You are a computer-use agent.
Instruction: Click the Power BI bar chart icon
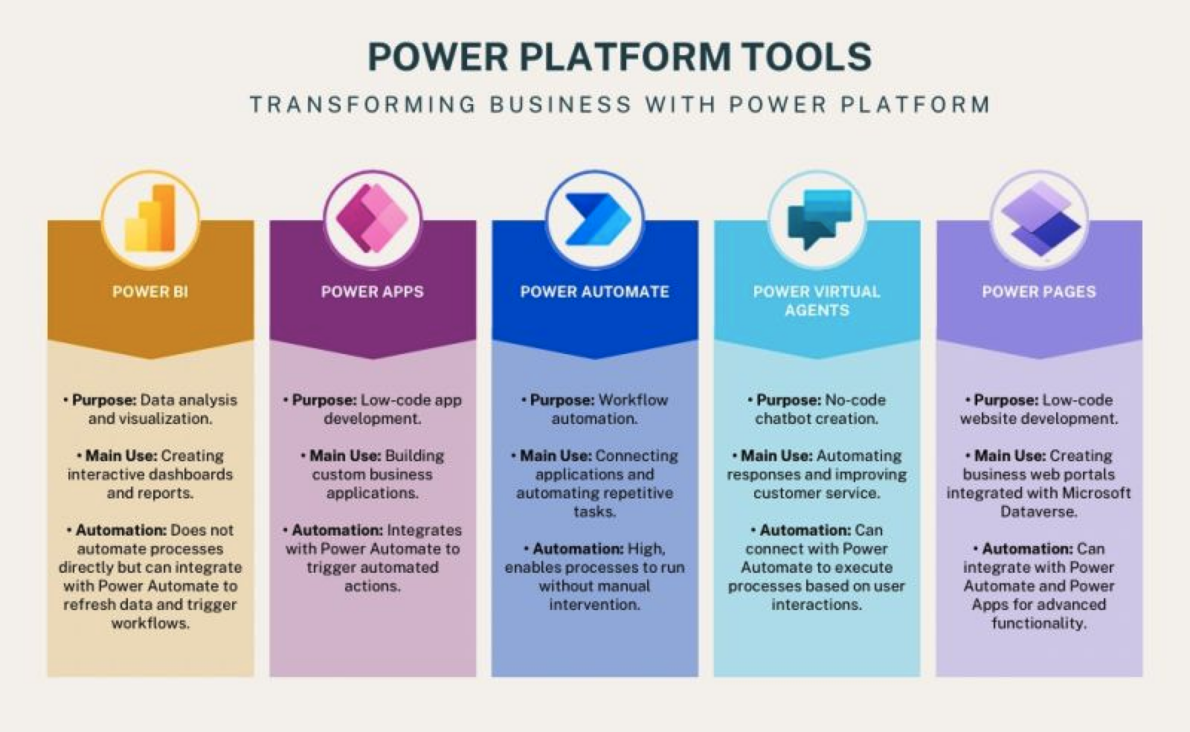149,217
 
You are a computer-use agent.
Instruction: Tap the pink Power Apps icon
372,218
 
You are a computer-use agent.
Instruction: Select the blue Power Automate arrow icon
597,219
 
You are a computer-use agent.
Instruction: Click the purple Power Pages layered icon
1041,219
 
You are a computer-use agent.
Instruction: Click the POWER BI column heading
150,292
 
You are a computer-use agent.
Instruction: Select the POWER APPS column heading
373,292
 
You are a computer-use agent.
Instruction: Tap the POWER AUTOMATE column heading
594,292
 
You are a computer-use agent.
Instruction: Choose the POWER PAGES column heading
1039,292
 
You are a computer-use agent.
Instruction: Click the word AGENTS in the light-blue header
817,310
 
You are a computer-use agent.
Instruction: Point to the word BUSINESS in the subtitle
561,104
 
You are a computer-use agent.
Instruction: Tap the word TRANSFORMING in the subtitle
363,104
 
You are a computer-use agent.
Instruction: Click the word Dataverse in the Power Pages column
1038,512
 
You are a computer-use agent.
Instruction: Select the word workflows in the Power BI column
150,623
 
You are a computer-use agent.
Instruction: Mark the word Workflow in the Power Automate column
633,400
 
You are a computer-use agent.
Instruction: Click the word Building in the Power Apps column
415,456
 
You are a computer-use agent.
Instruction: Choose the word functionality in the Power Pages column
1039,623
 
